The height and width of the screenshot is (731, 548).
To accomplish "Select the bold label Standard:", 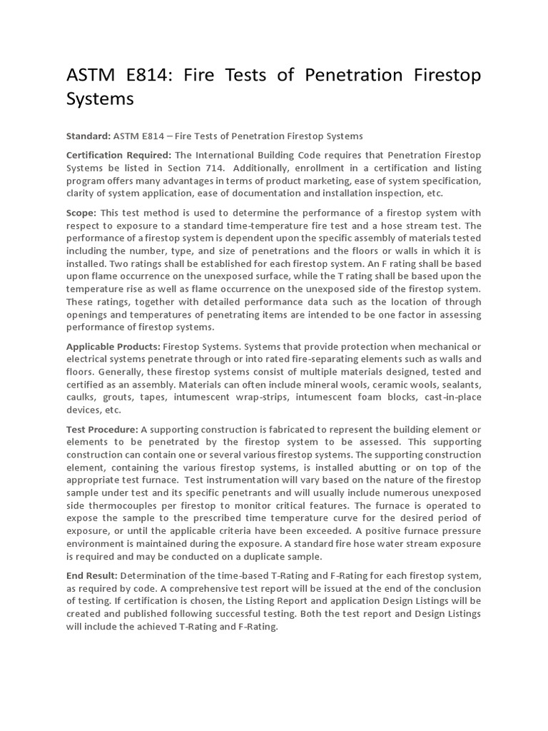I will pyautogui.click(x=88, y=136).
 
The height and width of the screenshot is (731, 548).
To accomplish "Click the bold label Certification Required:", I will pyautogui.click(x=118, y=156).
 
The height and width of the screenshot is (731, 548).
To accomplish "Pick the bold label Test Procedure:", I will pyautogui.click(x=102, y=429).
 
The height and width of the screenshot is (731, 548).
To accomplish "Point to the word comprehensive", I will pyautogui.click(x=204, y=588).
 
